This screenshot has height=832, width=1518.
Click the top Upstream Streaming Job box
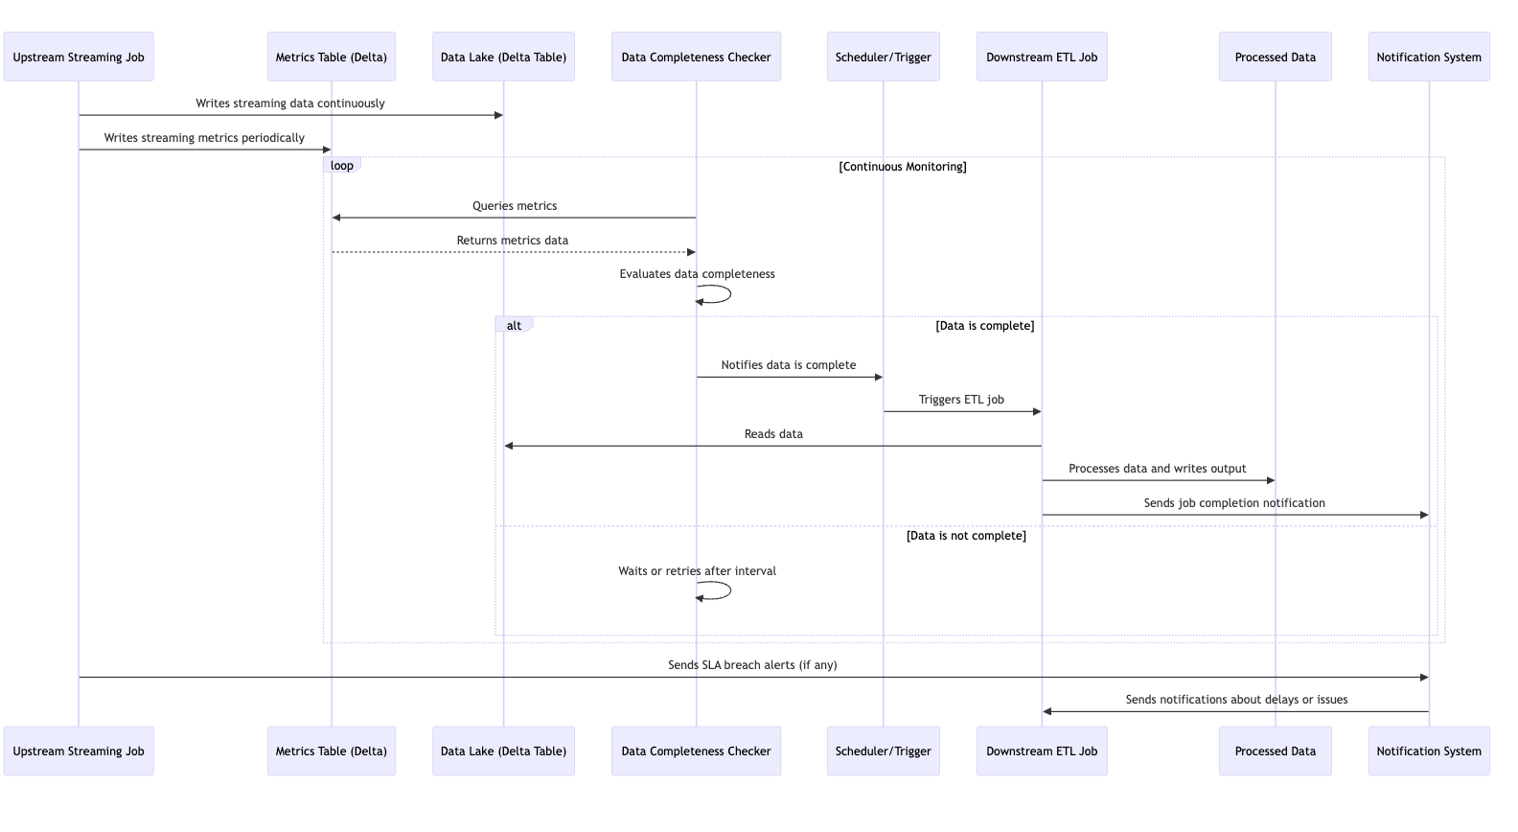click(79, 58)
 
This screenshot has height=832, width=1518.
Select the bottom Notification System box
click(1428, 751)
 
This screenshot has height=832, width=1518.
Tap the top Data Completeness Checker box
click(696, 58)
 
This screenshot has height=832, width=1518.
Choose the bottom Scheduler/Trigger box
click(883, 751)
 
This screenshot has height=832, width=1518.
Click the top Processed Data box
click(1275, 58)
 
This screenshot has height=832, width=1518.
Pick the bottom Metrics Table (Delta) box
click(331, 751)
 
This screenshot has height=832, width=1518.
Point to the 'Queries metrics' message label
click(515, 206)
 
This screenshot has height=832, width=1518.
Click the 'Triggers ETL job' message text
click(961, 400)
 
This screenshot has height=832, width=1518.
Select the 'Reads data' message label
click(773, 434)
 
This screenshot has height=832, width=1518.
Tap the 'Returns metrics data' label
click(512, 241)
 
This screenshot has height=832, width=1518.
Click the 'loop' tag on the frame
click(341, 166)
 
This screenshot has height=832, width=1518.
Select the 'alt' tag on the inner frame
click(514, 326)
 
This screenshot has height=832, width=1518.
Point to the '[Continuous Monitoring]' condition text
click(902, 167)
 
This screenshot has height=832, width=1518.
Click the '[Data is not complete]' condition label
click(966, 536)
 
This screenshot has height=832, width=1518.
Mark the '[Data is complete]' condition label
click(984, 326)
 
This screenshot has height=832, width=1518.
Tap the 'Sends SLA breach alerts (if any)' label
click(752, 665)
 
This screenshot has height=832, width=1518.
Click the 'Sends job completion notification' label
click(1233, 503)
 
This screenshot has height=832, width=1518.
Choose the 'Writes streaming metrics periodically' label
click(204, 138)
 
